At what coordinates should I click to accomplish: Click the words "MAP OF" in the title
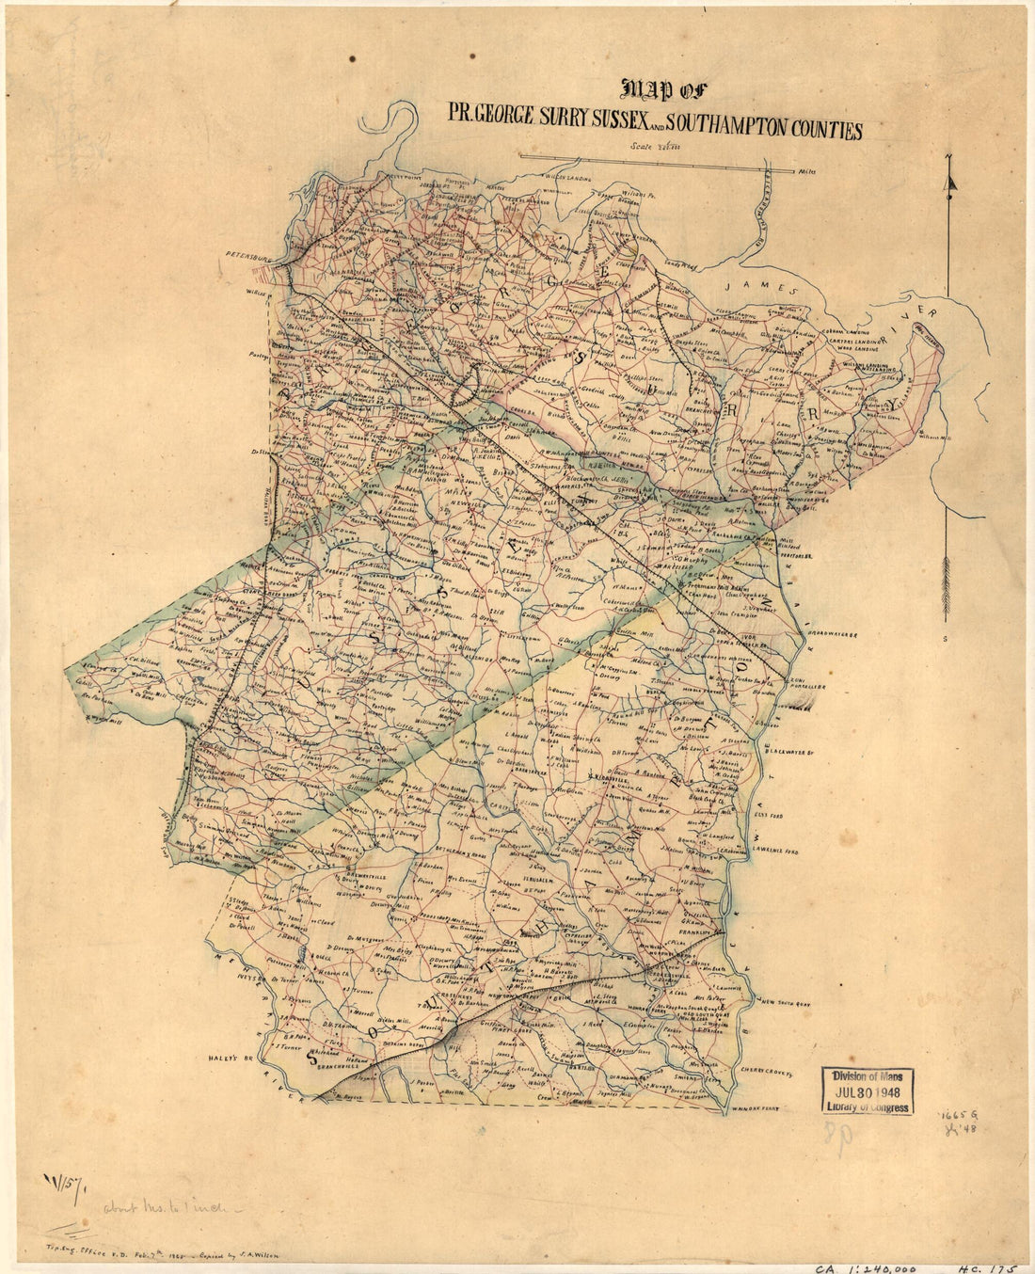(x=663, y=90)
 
